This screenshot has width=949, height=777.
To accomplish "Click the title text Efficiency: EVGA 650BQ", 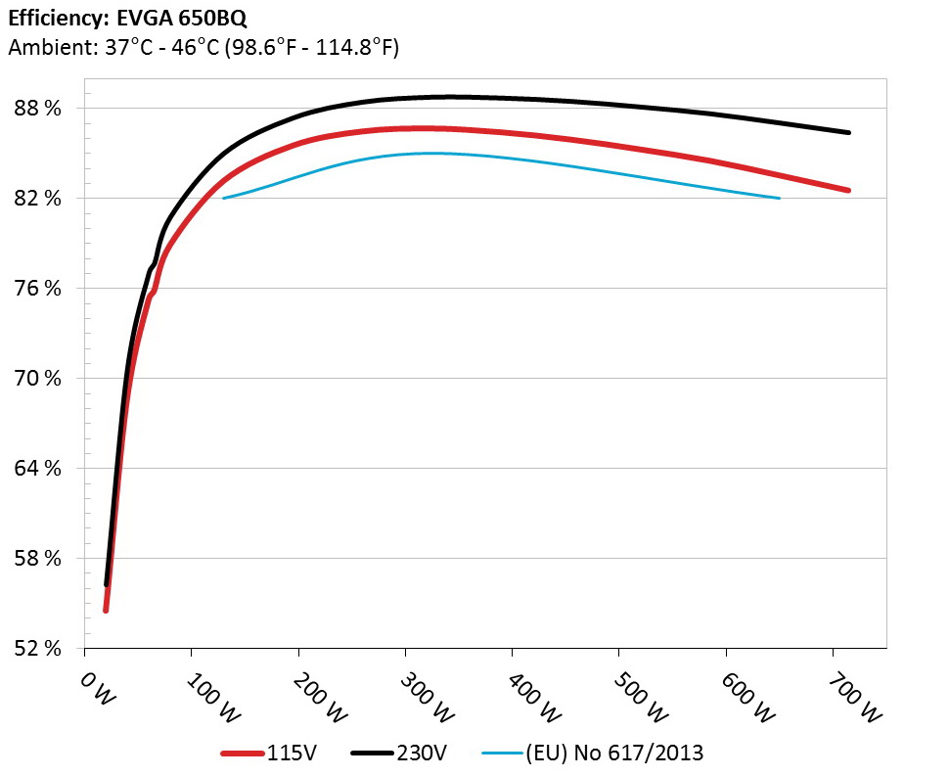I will click(x=120, y=18).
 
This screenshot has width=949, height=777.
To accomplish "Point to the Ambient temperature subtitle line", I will click(x=203, y=47).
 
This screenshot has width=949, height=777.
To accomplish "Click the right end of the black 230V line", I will click(x=847, y=132).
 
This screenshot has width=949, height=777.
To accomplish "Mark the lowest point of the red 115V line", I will click(x=106, y=610).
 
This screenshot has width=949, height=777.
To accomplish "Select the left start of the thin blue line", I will click(x=224, y=199).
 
